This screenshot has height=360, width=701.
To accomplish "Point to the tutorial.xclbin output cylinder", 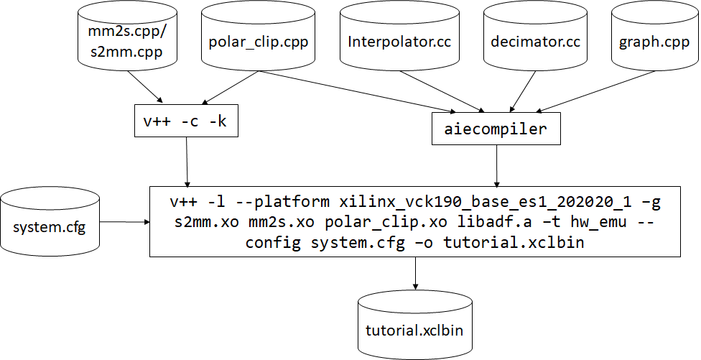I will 414,331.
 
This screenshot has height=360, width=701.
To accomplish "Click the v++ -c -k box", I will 185,121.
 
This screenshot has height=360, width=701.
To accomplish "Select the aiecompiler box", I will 495,130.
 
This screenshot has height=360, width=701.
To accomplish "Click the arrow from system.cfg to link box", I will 124,222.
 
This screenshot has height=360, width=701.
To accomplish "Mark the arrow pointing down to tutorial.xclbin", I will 414,274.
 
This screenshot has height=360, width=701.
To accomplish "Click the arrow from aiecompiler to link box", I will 496,165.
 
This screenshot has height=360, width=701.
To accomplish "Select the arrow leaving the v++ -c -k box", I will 187,162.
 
